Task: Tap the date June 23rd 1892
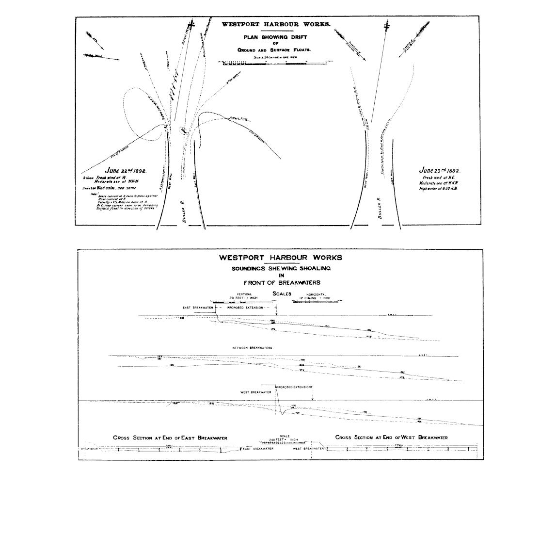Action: point(440,170)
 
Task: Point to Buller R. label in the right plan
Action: point(380,208)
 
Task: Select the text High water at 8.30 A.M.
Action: point(438,188)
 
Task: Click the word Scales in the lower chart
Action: point(282,293)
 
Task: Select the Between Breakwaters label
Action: point(252,348)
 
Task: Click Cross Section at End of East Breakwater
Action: point(170,438)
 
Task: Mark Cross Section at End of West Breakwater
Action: point(391,438)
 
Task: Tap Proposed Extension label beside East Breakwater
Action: point(245,308)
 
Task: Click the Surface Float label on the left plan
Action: point(235,117)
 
